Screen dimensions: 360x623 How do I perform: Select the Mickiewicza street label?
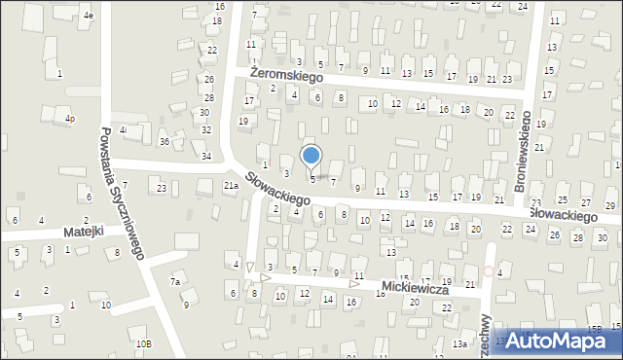pyautogui.click(x=414, y=290)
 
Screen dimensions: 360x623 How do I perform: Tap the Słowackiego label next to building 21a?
pyautogui.click(x=277, y=188)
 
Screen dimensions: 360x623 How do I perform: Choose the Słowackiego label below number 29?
pyautogui.click(x=563, y=214)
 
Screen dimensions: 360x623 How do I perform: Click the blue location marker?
pyautogui.click(x=311, y=156)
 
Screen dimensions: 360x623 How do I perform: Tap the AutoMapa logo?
pyautogui.click(x=558, y=341)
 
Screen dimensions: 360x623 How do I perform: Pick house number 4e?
pyautogui.click(x=89, y=16)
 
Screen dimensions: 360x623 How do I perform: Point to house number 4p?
pyautogui.click(x=70, y=120)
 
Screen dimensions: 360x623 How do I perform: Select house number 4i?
pyautogui.click(x=123, y=129)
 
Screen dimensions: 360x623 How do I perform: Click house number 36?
pyautogui.click(x=165, y=142)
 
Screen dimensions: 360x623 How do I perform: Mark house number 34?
pyautogui.click(x=206, y=156)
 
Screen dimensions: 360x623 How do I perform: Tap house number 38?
pyautogui.click(x=206, y=98)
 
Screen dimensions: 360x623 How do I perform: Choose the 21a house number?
pyautogui.click(x=231, y=185)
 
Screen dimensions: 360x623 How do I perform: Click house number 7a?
pyautogui.click(x=175, y=282)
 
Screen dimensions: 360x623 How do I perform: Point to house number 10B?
pyautogui.click(x=143, y=343)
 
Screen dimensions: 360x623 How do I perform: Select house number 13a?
pyautogui.click(x=459, y=343)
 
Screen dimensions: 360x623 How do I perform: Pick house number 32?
pyautogui.click(x=204, y=128)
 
